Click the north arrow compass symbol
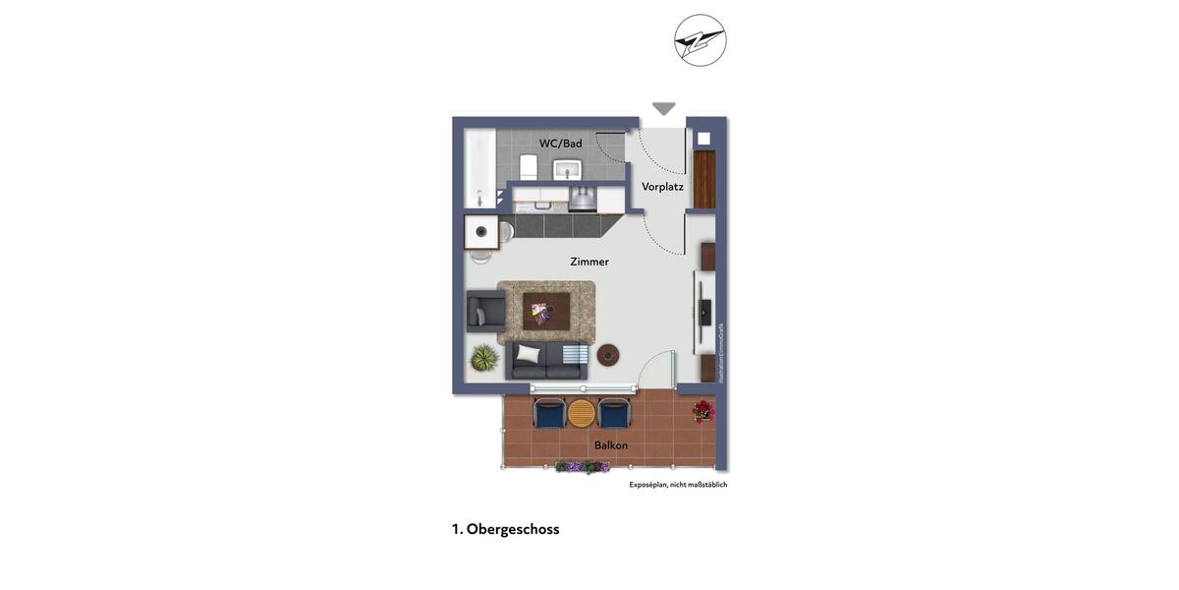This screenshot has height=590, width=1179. pyautogui.click(x=701, y=40)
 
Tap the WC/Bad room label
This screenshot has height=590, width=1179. pyautogui.click(x=560, y=144)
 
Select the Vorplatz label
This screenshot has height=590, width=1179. pyautogui.click(x=662, y=187)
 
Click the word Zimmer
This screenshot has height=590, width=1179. pyautogui.click(x=589, y=262)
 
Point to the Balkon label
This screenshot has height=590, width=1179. pyautogui.click(x=611, y=445)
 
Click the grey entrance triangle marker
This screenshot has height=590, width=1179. pyautogui.click(x=664, y=108)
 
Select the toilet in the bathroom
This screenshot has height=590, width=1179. pyautogui.click(x=529, y=167)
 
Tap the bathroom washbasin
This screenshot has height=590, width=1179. pyautogui.click(x=567, y=169)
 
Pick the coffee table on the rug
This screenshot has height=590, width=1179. pyautogui.click(x=545, y=311)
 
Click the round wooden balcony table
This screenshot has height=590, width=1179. pyautogui.click(x=582, y=413)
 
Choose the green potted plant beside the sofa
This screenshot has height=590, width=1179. pyautogui.click(x=484, y=358)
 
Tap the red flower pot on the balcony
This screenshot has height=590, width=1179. pyautogui.click(x=703, y=411)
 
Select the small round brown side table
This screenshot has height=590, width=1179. pyautogui.click(x=608, y=355)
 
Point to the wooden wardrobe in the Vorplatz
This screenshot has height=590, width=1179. pyautogui.click(x=704, y=179)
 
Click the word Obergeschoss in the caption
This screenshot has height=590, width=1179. pyautogui.click(x=513, y=529)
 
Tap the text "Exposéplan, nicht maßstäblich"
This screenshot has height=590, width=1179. pyautogui.click(x=678, y=485)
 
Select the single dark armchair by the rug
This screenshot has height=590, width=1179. pyautogui.click(x=485, y=312)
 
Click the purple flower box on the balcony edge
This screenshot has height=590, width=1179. pyautogui.click(x=582, y=467)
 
